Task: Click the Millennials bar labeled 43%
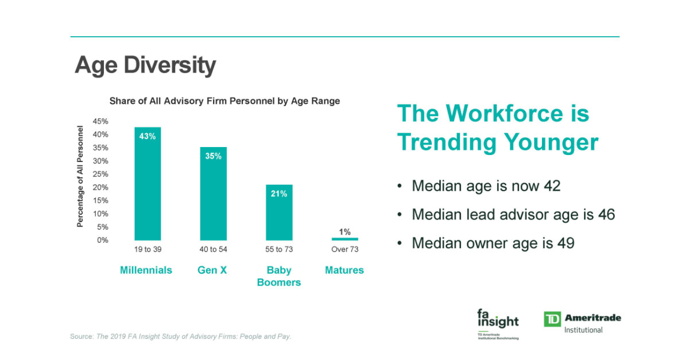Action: click(x=148, y=184)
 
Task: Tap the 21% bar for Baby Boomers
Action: click(x=279, y=212)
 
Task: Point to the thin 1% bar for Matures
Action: click(x=344, y=239)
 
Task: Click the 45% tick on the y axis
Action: click(x=101, y=122)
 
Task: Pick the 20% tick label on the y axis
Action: click(x=101, y=188)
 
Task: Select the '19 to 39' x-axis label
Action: click(x=148, y=249)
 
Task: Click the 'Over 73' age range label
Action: click(x=344, y=249)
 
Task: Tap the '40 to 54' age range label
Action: click(x=213, y=249)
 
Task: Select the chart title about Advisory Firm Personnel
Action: click(x=224, y=101)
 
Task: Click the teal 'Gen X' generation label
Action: click(x=212, y=270)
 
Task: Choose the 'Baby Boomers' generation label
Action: click(x=279, y=276)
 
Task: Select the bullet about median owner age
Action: click(x=493, y=243)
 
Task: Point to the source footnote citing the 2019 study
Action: click(x=181, y=336)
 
